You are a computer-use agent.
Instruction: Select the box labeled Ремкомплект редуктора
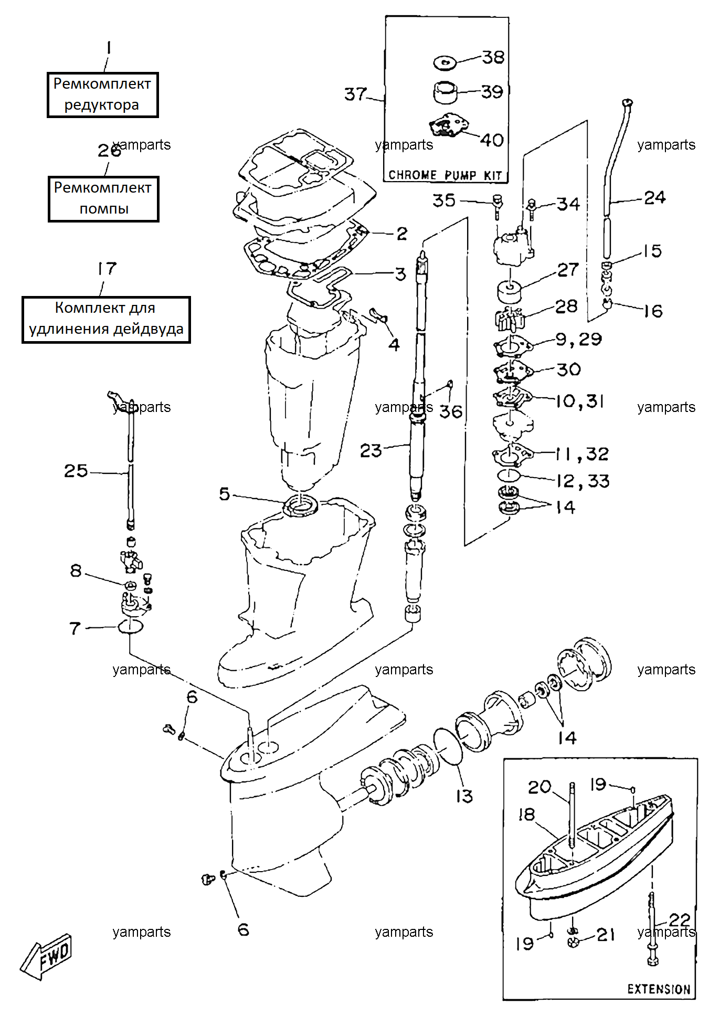pyautogui.click(x=102, y=94)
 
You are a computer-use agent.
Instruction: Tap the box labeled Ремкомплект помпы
pyautogui.click(x=103, y=198)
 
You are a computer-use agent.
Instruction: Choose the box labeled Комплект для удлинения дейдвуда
pyautogui.click(x=106, y=319)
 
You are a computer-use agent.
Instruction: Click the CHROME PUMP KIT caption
pyautogui.click(x=445, y=175)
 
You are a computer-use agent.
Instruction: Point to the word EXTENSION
pyautogui.click(x=659, y=989)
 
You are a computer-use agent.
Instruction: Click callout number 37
pyautogui.click(x=355, y=94)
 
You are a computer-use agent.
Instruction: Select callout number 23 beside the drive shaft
pyautogui.click(x=371, y=450)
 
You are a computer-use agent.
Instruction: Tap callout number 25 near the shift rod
pyautogui.click(x=76, y=470)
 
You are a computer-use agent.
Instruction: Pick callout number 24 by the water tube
pyautogui.click(x=654, y=197)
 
